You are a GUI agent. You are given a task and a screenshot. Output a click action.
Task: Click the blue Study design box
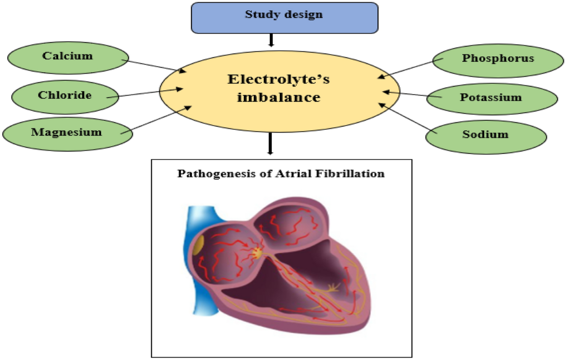click(284, 18)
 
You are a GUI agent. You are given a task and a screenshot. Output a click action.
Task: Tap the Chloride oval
click(65, 96)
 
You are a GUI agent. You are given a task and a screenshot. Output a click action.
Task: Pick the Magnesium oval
click(67, 133)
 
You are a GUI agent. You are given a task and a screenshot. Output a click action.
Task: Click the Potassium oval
click(491, 98)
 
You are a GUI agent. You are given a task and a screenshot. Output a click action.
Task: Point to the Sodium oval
click(486, 134)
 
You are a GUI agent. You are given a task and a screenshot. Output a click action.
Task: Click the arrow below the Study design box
click(271, 41)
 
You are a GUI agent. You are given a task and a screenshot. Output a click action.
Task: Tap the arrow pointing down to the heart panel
click(270, 143)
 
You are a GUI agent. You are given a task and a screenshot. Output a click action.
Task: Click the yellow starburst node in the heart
click(257, 252)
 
